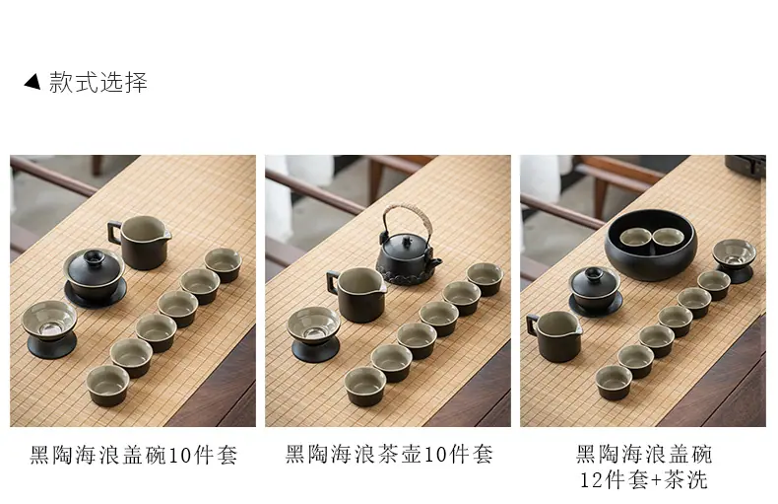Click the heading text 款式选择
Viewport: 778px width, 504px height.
click(x=98, y=82)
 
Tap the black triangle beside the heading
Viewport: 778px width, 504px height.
click(x=32, y=81)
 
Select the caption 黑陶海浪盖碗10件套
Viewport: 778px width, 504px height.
click(x=134, y=455)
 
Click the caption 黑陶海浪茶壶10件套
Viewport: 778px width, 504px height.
click(x=389, y=454)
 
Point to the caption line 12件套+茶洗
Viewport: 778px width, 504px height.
click(x=643, y=479)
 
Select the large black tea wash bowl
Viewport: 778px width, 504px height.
click(x=651, y=245)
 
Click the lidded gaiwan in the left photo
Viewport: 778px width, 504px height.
click(x=95, y=278)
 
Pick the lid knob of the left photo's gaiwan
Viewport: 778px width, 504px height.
click(x=94, y=257)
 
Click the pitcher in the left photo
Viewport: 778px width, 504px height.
click(x=140, y=243)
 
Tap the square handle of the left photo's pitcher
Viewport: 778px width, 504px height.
click(x=115, y=233)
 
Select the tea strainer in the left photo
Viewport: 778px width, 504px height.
click(x=50, y=329)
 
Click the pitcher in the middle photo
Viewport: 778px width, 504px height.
click(x=357, y=294)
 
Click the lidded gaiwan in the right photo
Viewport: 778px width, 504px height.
click(x=595, y=291)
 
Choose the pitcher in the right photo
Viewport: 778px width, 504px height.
click(x=554, y=335)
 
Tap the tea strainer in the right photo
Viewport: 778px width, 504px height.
click(x=735, y=260)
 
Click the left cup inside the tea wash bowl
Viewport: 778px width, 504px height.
click(x=635, y=237)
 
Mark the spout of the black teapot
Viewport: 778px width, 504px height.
click(x=437, y=261)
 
